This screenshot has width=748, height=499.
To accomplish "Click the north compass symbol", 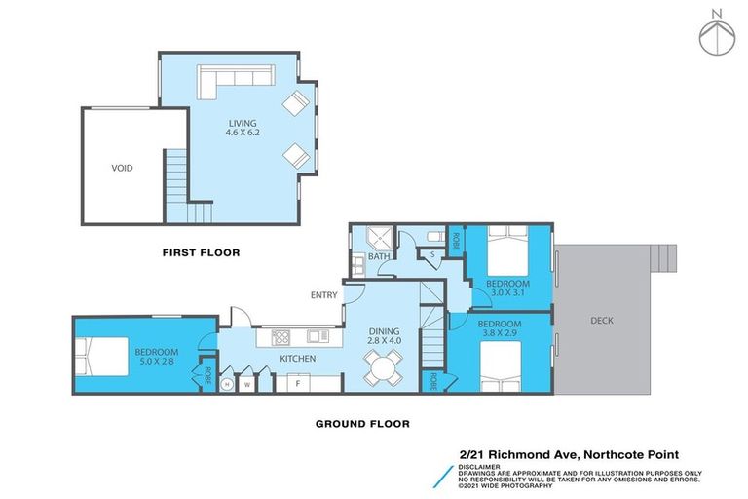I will click(716, 34).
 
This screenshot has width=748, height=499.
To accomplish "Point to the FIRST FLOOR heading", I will click(201, 252).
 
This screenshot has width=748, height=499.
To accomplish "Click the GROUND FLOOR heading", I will click(361, 424).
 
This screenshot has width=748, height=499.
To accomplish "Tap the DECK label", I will click(601, 321).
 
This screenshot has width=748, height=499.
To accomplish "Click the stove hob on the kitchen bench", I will click(280, 337).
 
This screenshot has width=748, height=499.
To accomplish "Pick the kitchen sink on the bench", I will click(316, 337).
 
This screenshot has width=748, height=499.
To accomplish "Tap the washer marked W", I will click(247, 384).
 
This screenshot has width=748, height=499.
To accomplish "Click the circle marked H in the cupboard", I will click(227, 384).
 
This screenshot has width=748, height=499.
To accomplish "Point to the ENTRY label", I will click(323, 295).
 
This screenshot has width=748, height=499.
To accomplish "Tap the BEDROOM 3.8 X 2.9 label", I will click(499, 328).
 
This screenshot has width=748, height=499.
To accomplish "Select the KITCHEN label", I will click(297, 360).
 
